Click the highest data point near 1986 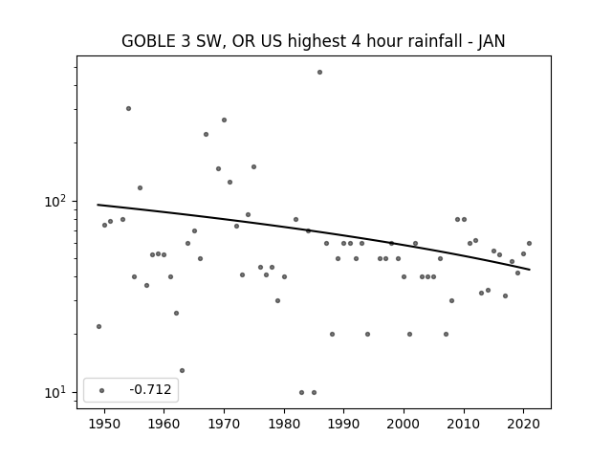tap(319, 73)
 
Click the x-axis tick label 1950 tap(104, 425)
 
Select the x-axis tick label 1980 tap(284, 425)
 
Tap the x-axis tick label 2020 tap(524, 425)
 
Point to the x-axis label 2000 tap(404, 425)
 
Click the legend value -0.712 tap(150, 389)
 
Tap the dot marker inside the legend tap(102, 390)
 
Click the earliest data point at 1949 tap(98, 326)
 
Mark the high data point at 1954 tap(128, 108)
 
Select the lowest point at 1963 tap(182, 370)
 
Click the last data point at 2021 tap(529, 243)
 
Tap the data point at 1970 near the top tap(224, 120)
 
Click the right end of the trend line tap(530, 270)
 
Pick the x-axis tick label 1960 tap(164, 425)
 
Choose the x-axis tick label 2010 tap(464, 425)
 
